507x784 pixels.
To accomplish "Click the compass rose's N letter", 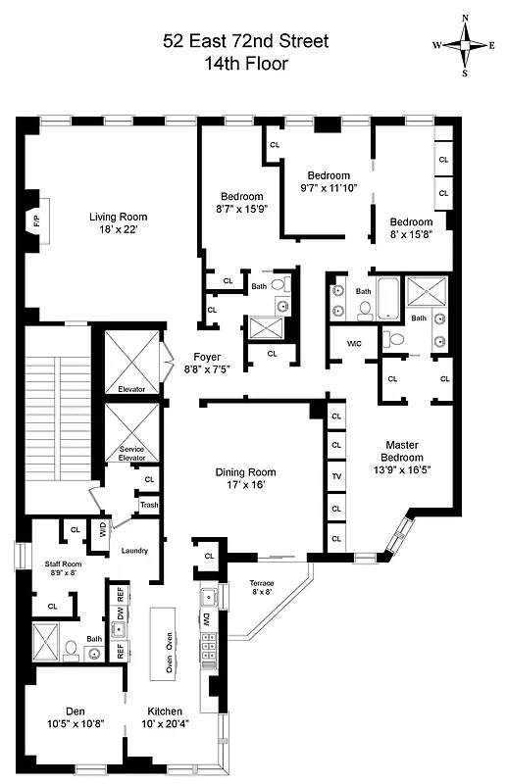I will (465, 19).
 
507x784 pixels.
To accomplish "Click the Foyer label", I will (207, 357).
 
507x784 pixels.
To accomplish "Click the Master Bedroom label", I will (403, 451).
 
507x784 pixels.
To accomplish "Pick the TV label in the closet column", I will (336, 477).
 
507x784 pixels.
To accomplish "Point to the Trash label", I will (149, 505).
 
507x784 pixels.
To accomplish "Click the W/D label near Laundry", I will (101, 531).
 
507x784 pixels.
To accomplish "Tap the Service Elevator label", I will (131, 453).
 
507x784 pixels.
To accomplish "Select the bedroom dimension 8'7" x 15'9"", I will (241, 208).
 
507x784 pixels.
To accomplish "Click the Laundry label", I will (134, 551).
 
